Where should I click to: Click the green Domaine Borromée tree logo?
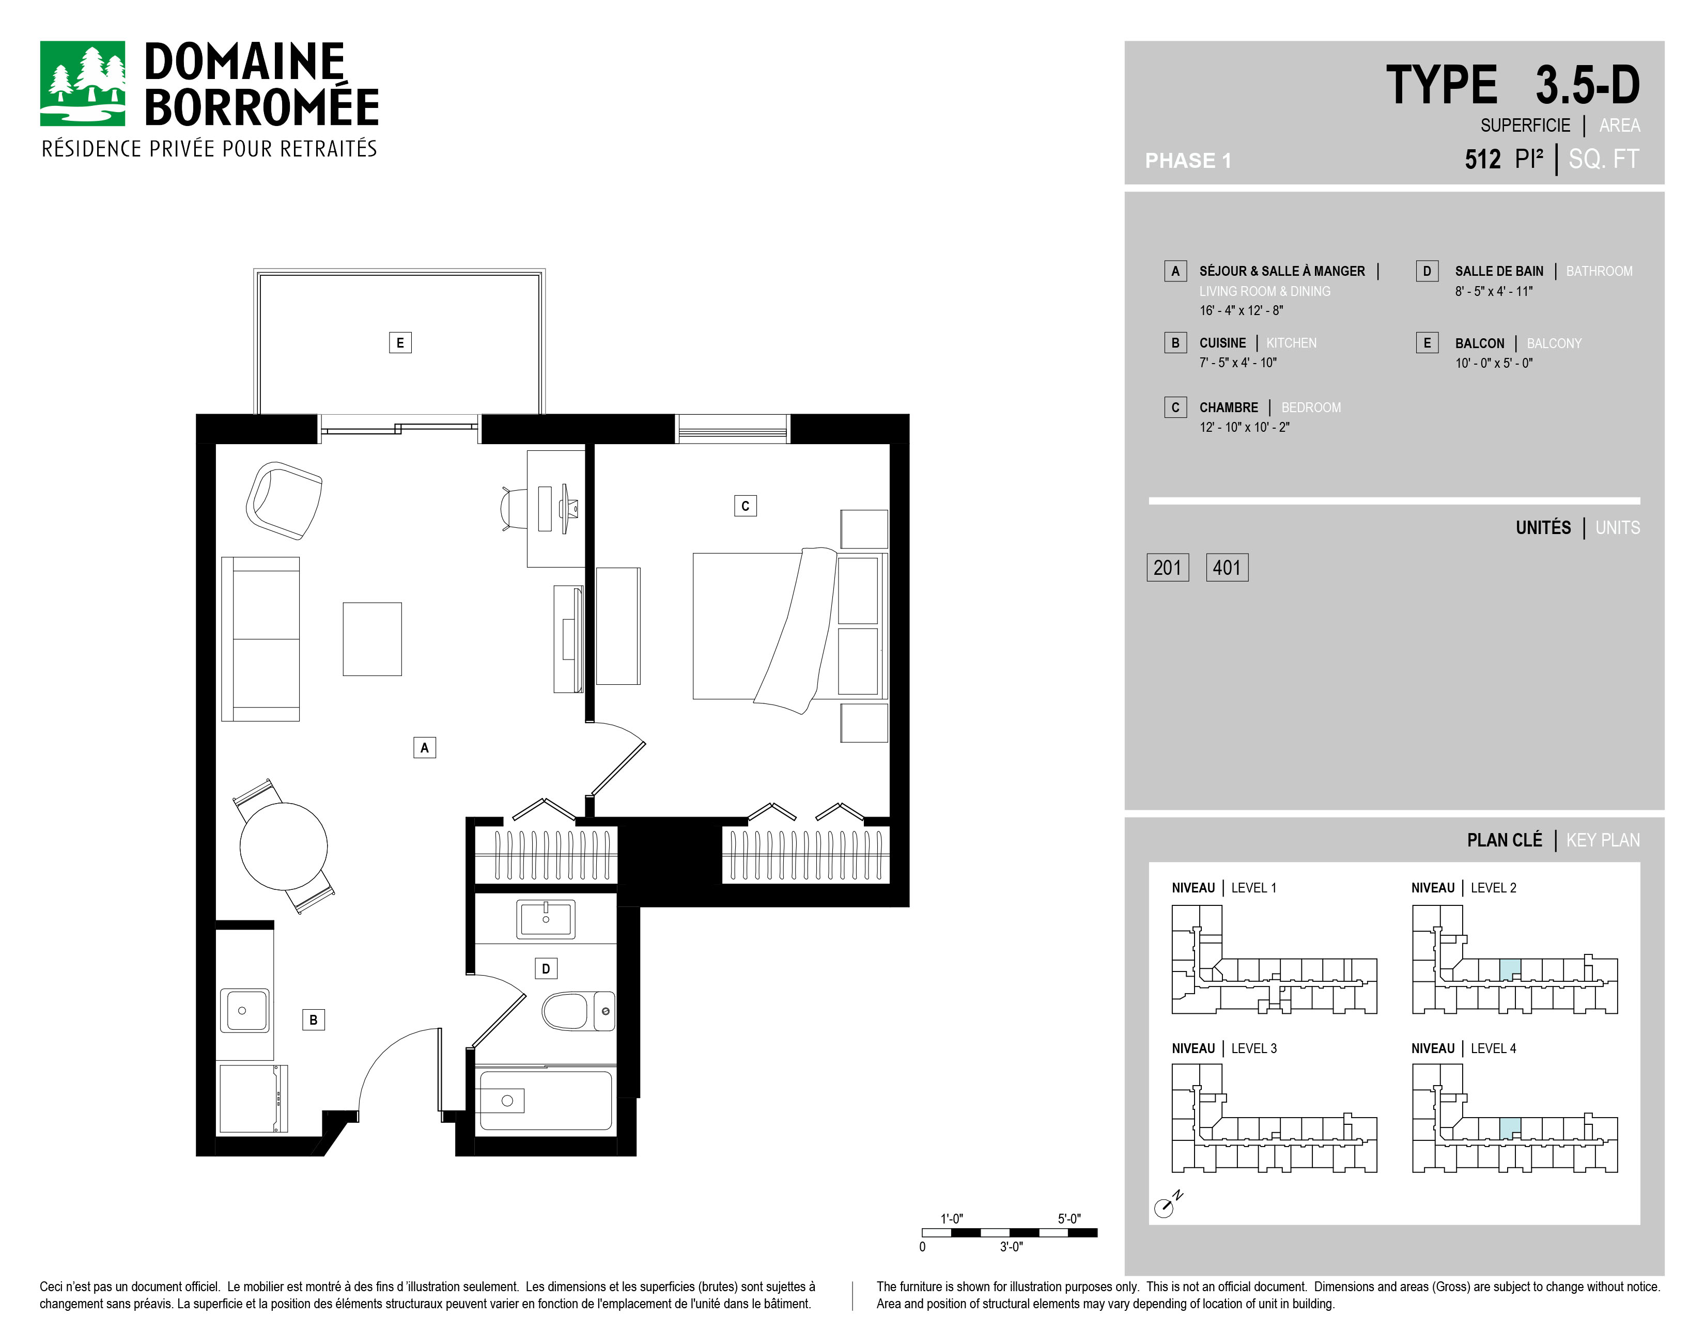pos(82,84)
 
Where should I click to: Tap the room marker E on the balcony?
pos(400,342)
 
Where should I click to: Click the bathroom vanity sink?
pos(546,919)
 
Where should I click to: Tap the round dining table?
pos(283,846)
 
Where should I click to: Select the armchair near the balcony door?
pos(284,500)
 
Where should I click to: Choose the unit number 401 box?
pos(1227,567)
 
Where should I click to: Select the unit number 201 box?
pos(1168,567)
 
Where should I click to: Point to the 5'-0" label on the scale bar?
pos(1069,1219)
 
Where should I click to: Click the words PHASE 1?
pos(1187,161)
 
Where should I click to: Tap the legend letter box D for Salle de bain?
pos(1427,271)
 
